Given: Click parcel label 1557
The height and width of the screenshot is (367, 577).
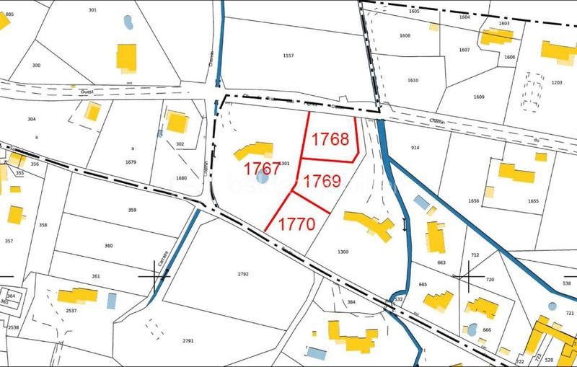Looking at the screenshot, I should point(288,55).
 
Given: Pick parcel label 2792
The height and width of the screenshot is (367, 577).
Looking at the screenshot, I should point(243,274).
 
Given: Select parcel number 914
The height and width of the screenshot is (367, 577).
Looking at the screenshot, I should point(415,148).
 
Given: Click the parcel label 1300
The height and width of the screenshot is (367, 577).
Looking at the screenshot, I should point(343,252).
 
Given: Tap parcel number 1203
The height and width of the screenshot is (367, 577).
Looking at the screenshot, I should point(556,83).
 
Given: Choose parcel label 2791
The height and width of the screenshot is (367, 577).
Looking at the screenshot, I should point(188,340).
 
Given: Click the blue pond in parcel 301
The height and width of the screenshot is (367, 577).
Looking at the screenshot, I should point(128,22).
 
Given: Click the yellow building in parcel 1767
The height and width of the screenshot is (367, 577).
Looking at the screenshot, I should point(249,151).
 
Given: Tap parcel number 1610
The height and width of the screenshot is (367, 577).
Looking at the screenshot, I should point(413,81).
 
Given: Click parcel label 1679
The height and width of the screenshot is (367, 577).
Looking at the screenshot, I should point(131,162).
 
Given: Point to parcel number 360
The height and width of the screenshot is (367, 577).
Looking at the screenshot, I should point(108,246).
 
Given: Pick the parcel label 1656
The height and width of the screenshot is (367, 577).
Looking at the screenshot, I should point(473,201).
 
